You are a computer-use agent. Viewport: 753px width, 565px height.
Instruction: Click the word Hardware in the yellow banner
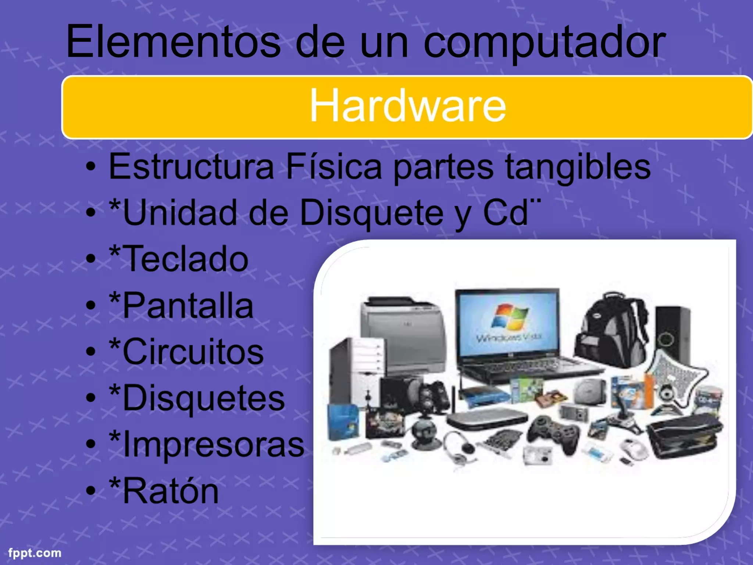point(408,106)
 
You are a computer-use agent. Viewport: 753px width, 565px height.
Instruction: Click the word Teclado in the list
point(186,259)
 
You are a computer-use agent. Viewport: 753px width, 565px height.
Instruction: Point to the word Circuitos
point(193,352)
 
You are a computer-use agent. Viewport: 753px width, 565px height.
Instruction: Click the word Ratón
point(171,491)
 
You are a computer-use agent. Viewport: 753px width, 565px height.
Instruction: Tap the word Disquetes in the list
point(204,398)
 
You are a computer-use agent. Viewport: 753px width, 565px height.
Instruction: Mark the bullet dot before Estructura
point(90,168)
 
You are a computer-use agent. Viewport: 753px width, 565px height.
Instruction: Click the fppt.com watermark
point(35,553)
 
